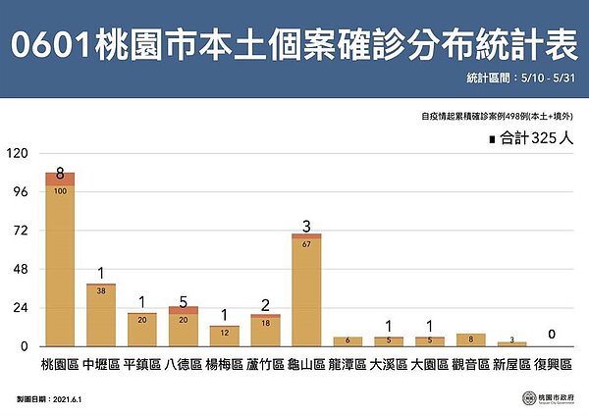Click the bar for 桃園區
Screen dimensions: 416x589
pos(60,260)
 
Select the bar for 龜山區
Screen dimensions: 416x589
pos(307,290)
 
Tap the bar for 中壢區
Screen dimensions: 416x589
pos(101,315)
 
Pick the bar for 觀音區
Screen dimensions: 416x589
pos(471,339)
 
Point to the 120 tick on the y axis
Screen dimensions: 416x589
pos(17,153)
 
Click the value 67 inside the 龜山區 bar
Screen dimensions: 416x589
pos(307,243)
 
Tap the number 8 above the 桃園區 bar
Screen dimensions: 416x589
pos(60,175)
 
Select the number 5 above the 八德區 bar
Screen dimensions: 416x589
pos(184,302)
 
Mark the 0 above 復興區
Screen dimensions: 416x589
pos(553,335)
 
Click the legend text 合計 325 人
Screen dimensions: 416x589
pos(535,140)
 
